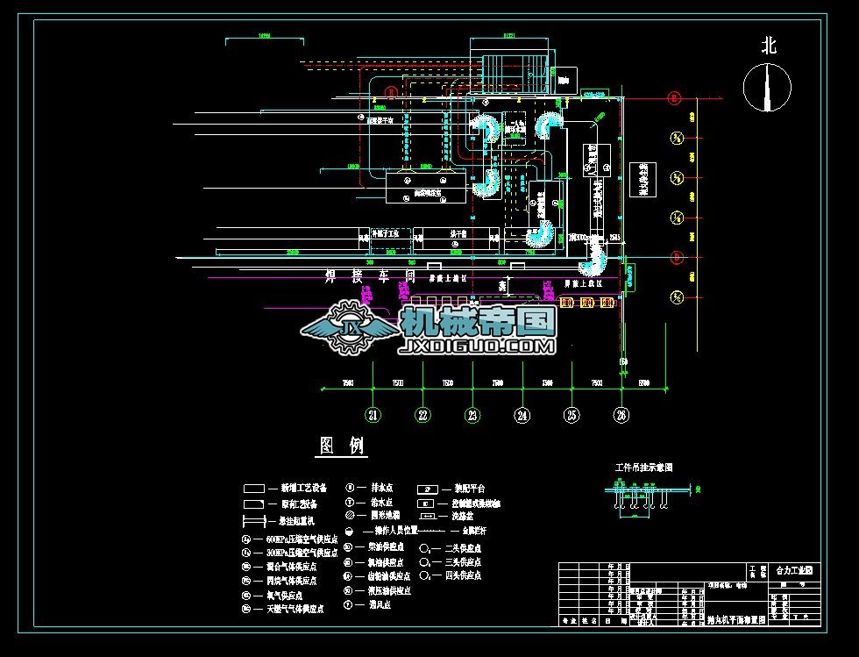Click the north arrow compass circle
[767, 88]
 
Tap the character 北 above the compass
[769, 46]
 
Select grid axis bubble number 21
[373, 415]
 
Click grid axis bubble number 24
[522, 415]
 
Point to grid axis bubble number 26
[622, 415]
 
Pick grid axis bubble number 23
[473, 415]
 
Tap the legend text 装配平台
[470, 488]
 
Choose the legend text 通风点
[379, 605]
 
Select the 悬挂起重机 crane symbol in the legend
[254, 520]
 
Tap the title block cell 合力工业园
[794, 570]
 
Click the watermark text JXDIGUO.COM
[478, 347]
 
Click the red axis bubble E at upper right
[675, 98]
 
